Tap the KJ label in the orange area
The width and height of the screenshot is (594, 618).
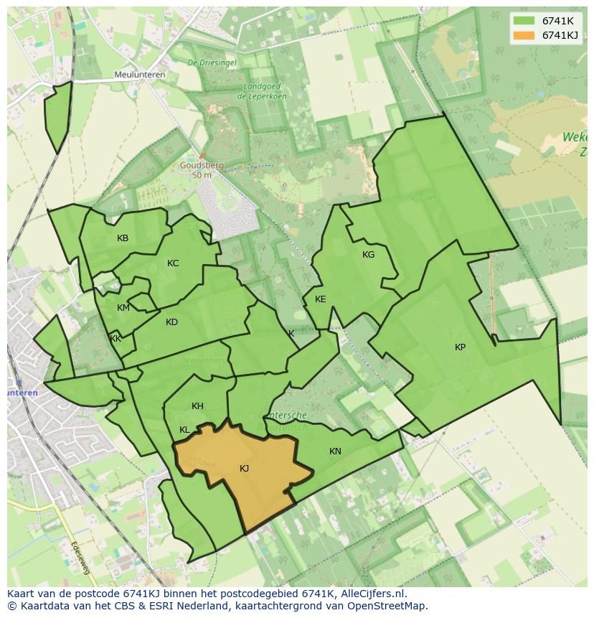click(244, 469)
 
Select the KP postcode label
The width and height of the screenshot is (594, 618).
click(460, 347)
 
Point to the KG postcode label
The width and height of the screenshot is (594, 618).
click(368, 255)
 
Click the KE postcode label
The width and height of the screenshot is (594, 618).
click(320, 299)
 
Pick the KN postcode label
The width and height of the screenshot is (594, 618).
click(335, 451)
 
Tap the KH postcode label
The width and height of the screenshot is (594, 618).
click(197, 406)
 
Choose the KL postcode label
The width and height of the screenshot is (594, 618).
click(184, 430)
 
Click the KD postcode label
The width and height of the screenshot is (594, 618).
click(171, 322)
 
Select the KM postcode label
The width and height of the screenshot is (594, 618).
click(123, 308)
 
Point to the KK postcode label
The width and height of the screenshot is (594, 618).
click(115, 339)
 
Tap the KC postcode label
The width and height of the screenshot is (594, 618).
click(173, 263)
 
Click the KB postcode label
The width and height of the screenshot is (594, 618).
click(123, 238)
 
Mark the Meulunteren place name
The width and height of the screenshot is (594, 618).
click(139, 75)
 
